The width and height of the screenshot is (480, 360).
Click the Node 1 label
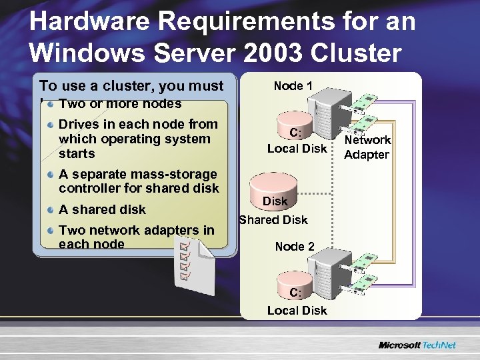[293, 86]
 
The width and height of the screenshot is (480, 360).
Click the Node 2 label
[295, 247]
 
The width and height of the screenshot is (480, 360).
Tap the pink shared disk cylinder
[274, 193]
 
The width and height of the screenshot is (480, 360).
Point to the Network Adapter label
[367, 147]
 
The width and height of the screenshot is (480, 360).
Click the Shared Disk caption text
[273, 220]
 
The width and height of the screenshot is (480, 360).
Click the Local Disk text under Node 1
[297, 149]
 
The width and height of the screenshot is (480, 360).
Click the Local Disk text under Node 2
[297, 310]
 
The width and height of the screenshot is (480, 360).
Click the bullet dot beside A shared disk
[51, 209]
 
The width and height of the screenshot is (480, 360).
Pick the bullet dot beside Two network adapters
[51, 230]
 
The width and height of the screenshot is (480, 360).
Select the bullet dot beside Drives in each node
[51, 124]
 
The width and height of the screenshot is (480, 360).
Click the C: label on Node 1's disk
[295, 131]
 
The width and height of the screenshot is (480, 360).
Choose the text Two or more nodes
[120, 104]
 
